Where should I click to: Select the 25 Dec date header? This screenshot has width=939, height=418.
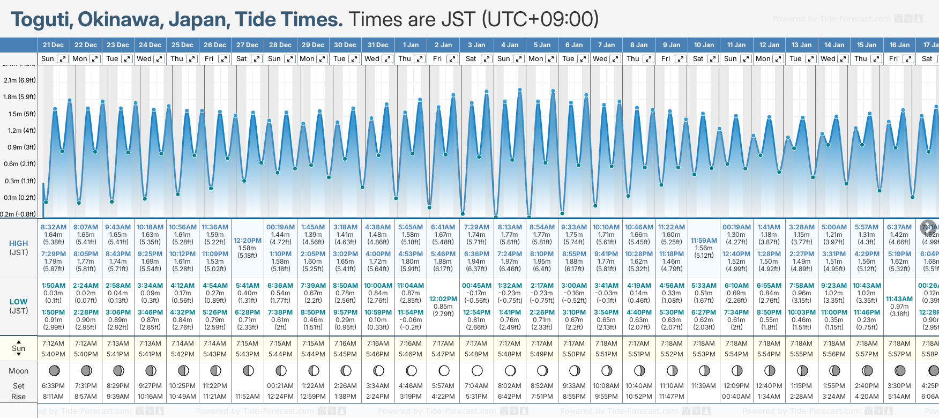point(182,45)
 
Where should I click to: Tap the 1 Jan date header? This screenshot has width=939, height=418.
point(411,45)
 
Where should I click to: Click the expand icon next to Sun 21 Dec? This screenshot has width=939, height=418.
point(63,59)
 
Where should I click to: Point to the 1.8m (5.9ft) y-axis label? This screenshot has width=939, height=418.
point(19,97)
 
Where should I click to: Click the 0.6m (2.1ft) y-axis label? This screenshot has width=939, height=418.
point(19,164)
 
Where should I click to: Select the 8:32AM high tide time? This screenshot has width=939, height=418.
point(54,227)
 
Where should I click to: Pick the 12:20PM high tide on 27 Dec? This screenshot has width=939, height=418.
point(248,241)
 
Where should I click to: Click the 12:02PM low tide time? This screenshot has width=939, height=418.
point(443,299)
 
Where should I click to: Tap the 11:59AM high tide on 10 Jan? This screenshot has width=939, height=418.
point(704,241)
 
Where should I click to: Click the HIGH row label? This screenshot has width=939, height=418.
point(18,243)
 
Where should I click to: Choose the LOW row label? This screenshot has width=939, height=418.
point(18,302)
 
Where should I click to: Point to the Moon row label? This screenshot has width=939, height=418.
point(18,371)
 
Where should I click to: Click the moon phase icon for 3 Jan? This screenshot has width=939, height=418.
point(476,370)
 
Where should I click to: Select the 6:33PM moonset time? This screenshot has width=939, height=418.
point(53,386)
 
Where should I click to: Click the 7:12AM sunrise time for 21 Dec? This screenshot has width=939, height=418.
point(53,344)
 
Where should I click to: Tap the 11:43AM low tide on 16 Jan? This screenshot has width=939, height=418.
point(899,299)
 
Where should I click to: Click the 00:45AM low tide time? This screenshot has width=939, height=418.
point(476,286)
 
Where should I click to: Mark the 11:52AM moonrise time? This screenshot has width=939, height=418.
point(248,397)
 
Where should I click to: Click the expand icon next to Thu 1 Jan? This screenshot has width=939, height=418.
point(420,59)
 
